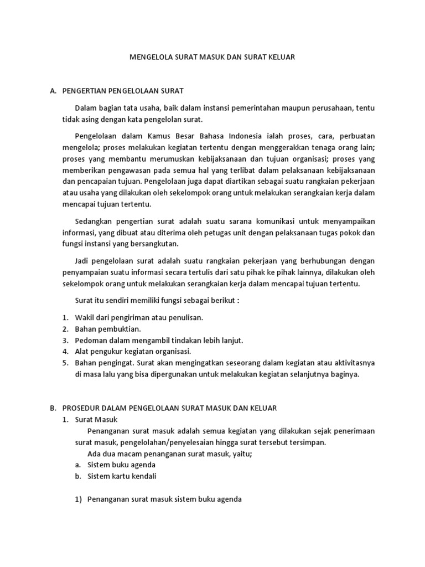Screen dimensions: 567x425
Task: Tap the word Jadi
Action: tap(82, 260)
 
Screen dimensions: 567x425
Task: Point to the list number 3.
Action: tap(64, 340)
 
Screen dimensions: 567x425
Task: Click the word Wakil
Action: tap(84, 317)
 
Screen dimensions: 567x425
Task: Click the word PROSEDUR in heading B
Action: tap(84, 408)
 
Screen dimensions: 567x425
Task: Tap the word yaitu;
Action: tap(241, 453)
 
